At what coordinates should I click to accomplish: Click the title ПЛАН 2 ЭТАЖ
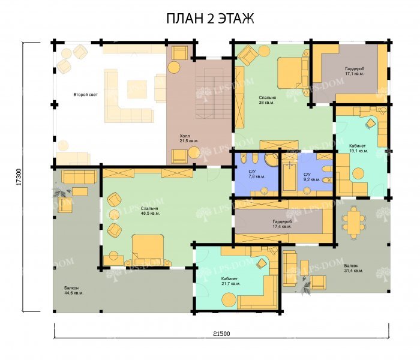210,19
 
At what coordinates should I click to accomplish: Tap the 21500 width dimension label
221,334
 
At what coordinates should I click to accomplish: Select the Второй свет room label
85,95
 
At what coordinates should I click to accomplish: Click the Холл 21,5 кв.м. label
189,138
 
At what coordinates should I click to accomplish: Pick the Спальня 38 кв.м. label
268,100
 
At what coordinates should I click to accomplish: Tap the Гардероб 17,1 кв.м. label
355,71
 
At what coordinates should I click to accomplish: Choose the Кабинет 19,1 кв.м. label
358,148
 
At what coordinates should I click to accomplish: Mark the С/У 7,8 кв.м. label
256,174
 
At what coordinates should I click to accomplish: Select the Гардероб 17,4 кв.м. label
282,224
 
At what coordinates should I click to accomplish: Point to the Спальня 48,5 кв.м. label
150,211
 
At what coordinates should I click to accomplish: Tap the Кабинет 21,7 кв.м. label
230,281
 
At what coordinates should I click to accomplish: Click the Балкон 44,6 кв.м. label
74,290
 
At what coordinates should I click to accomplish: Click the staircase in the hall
214,93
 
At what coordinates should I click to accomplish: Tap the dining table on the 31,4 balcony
354,223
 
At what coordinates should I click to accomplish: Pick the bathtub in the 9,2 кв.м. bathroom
289,177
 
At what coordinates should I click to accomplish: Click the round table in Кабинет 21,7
229,300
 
